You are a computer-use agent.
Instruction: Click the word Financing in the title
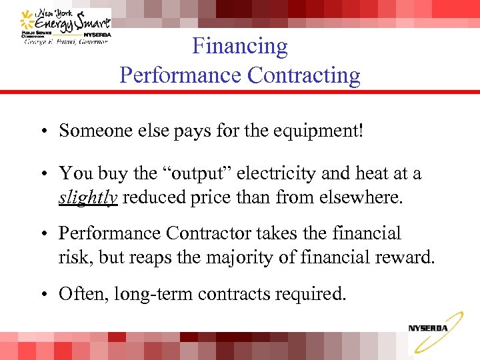(240, 46)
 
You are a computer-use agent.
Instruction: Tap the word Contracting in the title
(304, 75)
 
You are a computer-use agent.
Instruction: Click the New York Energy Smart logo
(65, 27)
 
